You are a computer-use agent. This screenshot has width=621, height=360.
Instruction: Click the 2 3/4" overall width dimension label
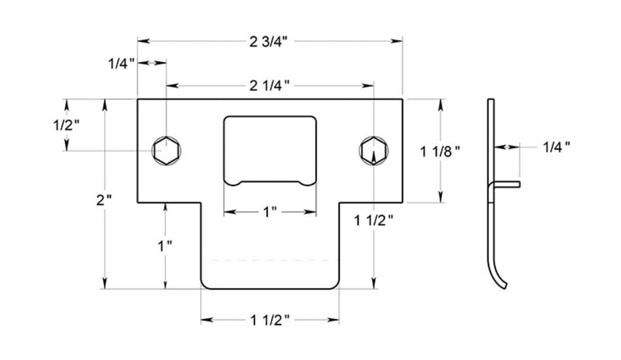tap(268, 42)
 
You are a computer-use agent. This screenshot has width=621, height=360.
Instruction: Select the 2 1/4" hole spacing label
tap(269, 85)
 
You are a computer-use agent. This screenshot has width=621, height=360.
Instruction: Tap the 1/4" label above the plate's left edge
tap(122, 64)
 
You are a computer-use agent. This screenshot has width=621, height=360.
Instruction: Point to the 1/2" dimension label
tap(66, 125)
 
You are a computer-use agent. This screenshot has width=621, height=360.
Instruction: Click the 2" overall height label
tap(104, 199)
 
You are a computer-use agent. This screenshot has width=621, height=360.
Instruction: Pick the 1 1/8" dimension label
tap(440, 151)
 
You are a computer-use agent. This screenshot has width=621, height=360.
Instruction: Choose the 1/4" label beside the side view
tap(557, 147)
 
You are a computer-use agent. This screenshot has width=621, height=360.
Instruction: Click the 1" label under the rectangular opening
tap(270, 212)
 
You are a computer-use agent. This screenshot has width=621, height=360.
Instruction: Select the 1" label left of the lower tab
tap(165, 246)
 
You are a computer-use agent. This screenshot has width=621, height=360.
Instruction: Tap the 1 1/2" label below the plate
tap(270, 320)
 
